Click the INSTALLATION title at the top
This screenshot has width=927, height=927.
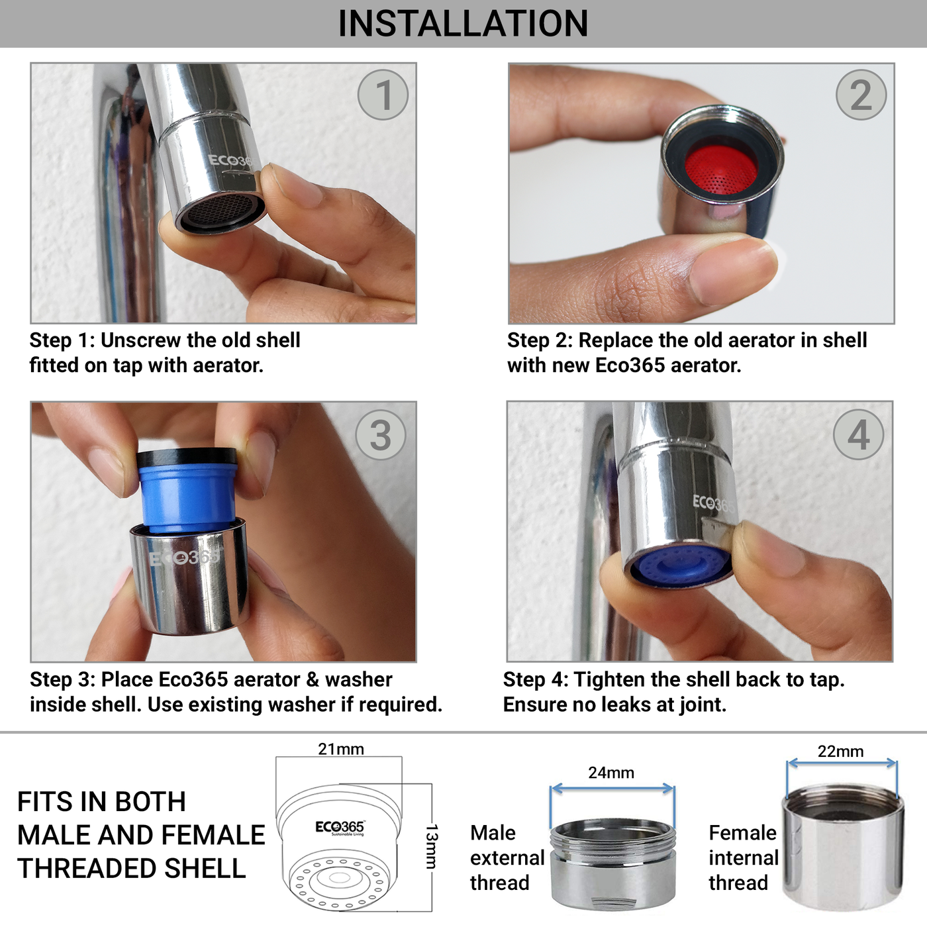coord(463,24)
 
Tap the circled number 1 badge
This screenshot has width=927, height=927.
coord(383,95)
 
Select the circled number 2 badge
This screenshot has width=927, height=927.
coord(860,95)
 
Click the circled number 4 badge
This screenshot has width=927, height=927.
coord(858,434)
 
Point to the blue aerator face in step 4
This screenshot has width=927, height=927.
coord(680,566)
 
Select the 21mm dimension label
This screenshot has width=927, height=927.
coord(340,749)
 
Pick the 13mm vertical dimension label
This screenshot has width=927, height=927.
coord(431,846)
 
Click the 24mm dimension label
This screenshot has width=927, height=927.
coord(610,773)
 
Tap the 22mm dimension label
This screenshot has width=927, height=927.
coord(840,752)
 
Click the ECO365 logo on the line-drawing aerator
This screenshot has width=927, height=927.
coord(339,827)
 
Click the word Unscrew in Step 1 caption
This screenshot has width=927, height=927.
coord(141,340)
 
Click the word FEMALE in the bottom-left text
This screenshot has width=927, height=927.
coord(214,836)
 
